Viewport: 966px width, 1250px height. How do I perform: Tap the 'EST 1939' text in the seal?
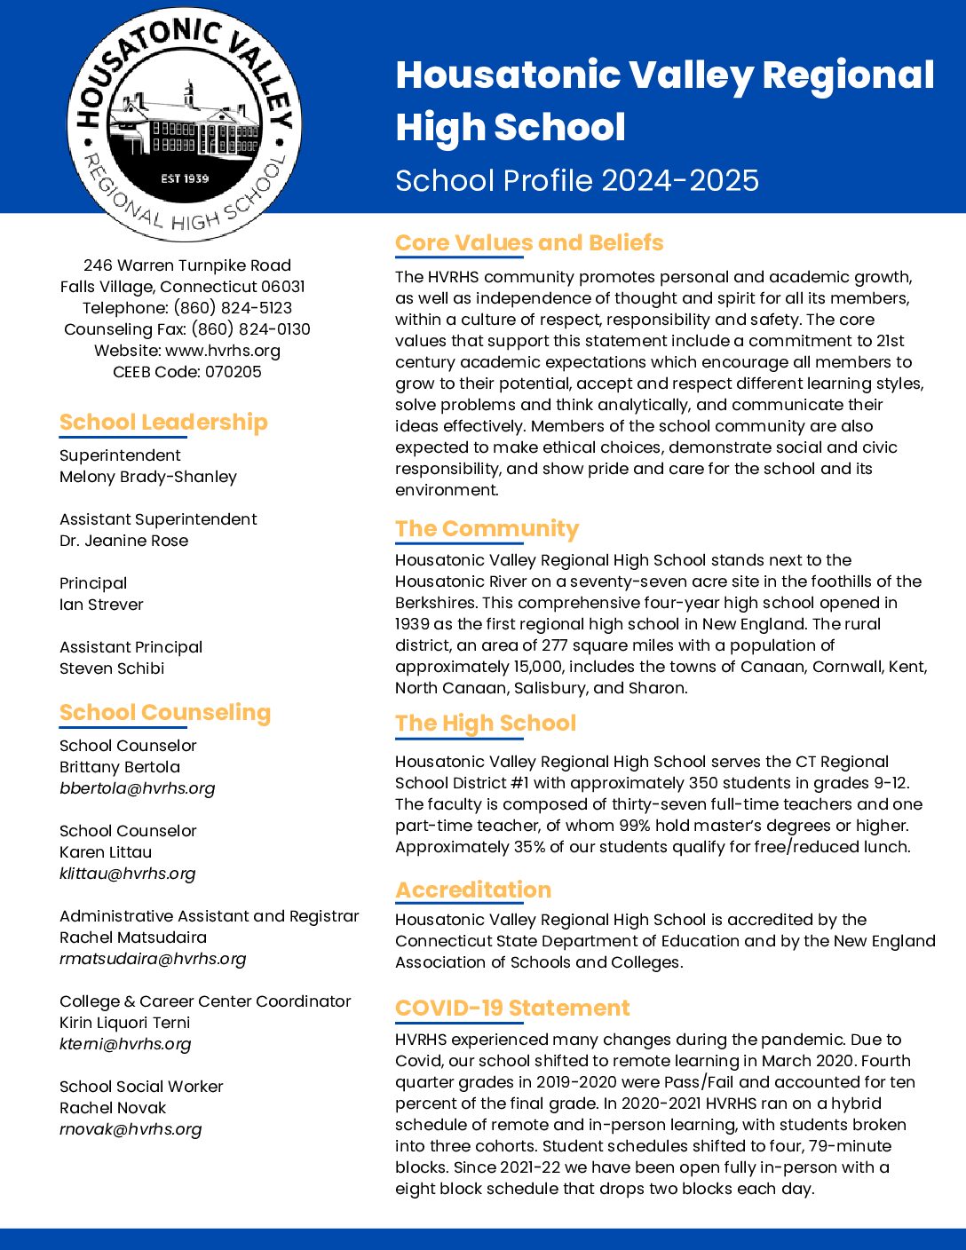click(185, 178)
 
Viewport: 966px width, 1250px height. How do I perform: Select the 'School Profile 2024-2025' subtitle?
click(577, 180)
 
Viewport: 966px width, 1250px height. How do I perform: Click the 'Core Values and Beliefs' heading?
click(529, 242)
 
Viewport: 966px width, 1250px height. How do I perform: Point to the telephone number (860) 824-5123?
click(233, 308)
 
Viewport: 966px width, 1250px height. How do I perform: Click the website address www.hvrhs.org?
click(223, 351)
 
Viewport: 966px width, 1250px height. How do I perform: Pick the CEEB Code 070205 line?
click(187, 372)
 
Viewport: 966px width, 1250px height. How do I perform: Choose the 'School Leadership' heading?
click(163, 422)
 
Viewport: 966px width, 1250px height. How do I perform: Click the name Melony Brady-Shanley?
click(148, 477)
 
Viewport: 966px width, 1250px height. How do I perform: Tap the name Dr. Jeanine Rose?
click(124, 541)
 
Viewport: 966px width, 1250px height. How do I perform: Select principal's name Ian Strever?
click(101, 605)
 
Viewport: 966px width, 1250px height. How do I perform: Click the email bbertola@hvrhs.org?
click(137, 788)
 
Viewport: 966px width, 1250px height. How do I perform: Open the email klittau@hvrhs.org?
click(127, 874)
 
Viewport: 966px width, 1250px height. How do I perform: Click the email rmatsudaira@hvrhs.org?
click(153, 959)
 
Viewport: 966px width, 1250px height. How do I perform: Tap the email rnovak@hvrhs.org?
click(131, 1129)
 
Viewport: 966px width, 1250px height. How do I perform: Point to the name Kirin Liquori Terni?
click(125, 1023)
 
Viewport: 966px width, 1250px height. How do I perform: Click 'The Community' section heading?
click(487, 528)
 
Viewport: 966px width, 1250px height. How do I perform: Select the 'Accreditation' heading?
click(473, 890)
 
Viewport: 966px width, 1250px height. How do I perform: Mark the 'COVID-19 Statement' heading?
click(512, 1009)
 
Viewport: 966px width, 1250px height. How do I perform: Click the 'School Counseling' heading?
click(165, 712)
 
